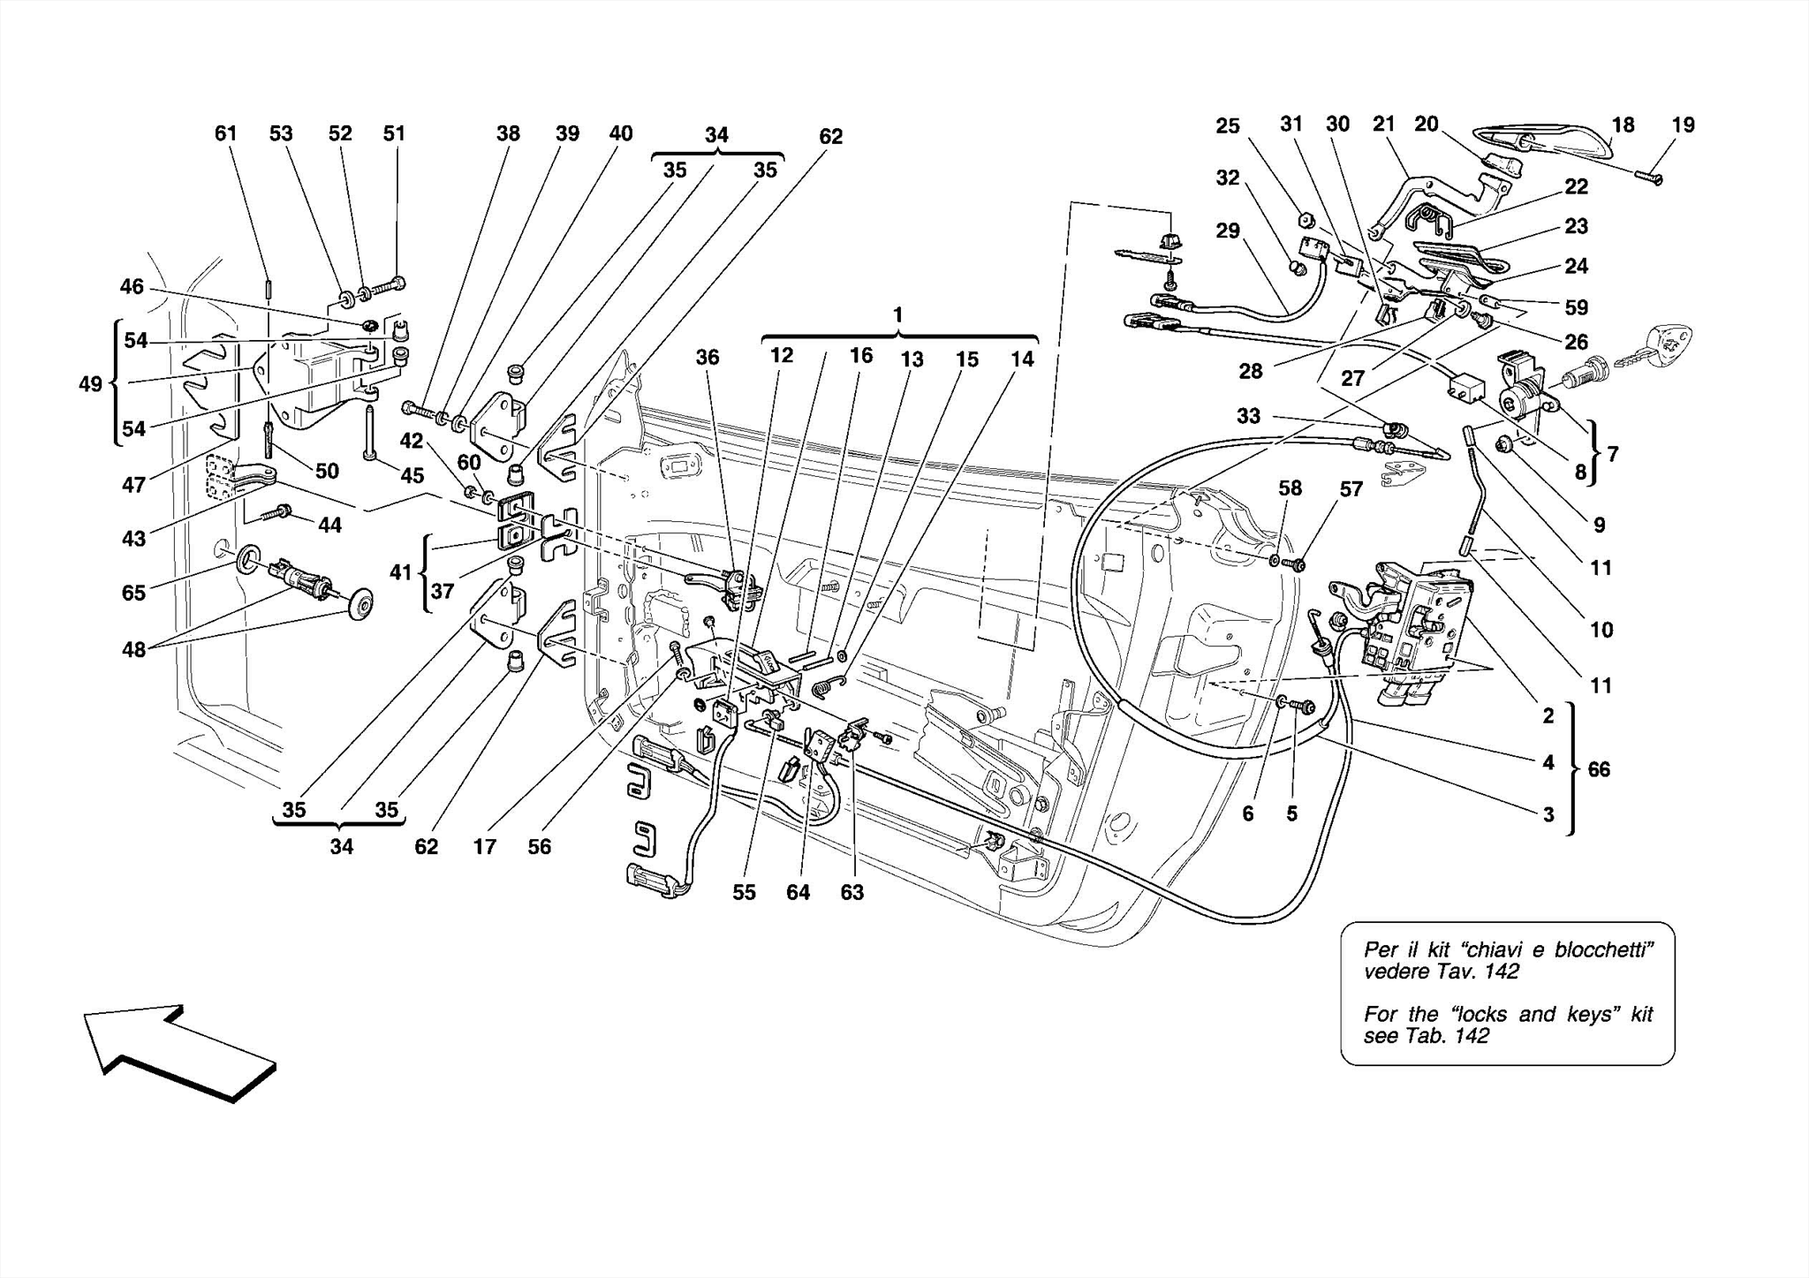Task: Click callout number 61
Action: (x=226, y=133)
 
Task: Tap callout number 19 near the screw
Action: (x=1683, y=125)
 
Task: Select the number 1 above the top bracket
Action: (x=897, y=314)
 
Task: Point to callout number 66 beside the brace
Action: (x=1599, y=769)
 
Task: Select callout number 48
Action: (x=133, y=651)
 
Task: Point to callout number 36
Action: (x=707, y=357)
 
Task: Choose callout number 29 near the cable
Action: (x=1227, y=231)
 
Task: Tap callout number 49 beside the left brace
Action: (x=90, y=383)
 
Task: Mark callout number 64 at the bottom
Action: (x=798, y=892)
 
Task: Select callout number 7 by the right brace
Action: (x=1613, y=454)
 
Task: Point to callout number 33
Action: (x=1247, y=415)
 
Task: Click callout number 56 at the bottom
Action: (x=539, y=846)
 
